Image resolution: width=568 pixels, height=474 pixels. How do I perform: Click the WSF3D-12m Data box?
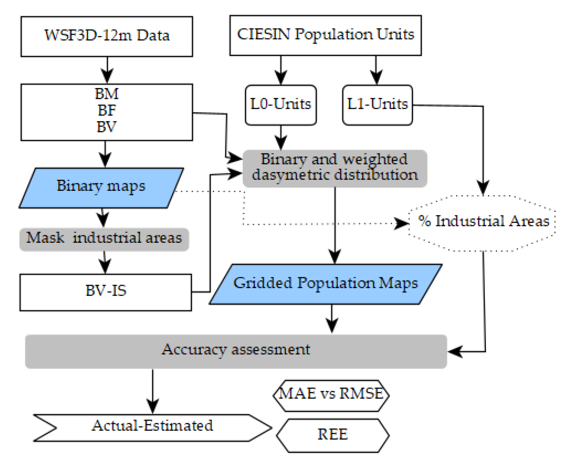coord(107,36)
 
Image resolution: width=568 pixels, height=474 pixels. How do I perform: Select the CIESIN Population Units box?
coord(325,35)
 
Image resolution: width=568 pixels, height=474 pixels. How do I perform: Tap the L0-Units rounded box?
coord(281,105)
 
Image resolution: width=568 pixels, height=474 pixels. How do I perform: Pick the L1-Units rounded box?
coord(377,105)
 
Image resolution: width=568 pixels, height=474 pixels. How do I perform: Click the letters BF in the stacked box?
coord(107,110)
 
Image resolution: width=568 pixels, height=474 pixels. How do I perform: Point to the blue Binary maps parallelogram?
coord(101,187)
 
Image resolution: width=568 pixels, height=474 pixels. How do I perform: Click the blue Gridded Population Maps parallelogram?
coord(326,284)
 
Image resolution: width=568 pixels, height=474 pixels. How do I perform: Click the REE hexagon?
coord(332,435)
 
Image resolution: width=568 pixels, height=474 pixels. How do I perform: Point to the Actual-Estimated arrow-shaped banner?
coord(152,427)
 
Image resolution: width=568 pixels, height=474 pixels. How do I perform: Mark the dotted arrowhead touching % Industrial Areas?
coord(402,223)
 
